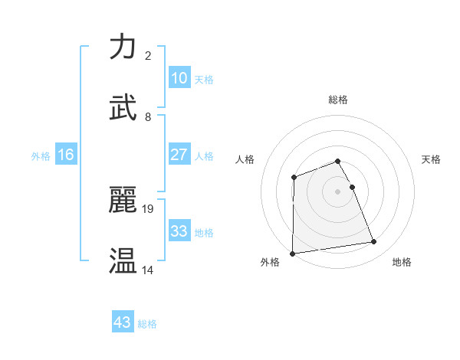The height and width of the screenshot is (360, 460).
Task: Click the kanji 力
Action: point(123,47)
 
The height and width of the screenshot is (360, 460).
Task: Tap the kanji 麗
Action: point(123,200)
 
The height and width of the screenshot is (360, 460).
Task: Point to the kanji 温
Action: point(123,261)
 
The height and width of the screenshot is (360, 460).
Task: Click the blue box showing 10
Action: point(179,78)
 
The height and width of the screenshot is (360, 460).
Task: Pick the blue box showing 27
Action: point(179,155)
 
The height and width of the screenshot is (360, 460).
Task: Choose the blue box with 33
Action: point(179,231)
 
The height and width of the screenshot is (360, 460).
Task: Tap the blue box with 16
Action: point(66,155)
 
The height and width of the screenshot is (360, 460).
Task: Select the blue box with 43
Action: point(123,322)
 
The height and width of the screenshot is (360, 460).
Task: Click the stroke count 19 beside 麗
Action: point(149,208)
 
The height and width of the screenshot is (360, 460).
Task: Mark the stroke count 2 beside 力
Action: point(148,55)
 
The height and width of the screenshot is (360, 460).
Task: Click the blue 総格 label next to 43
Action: point(147,324)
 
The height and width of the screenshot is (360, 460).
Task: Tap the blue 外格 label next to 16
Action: point(41,156)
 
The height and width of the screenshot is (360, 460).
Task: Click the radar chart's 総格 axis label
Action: point(338,100)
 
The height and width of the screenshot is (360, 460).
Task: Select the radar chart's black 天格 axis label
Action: point(431,159)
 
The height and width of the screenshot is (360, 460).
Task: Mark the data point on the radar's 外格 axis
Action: point(293,253)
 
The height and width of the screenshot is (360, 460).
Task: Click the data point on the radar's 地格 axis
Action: point(374,242)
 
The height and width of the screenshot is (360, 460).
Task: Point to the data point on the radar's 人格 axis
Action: point(294,178)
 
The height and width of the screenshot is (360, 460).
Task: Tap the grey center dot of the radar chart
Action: point(338,191)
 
